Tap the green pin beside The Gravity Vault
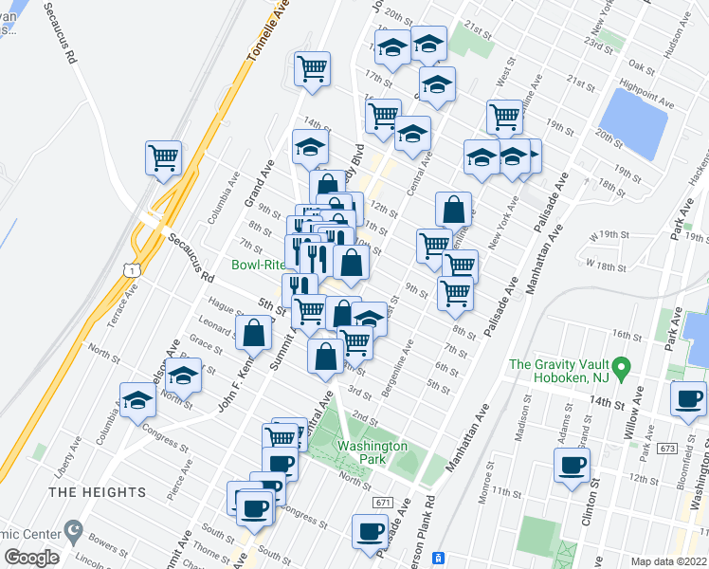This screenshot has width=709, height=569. [620, 364]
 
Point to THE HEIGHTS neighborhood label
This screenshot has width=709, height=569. [98, 492]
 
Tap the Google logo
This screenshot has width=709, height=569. [31, 558]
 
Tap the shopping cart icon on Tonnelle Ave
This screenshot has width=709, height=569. [312, 68]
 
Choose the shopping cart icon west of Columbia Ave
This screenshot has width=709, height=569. [163, 156]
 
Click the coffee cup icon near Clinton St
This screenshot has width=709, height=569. [573, 466]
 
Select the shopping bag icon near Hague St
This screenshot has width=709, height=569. [254, 332]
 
